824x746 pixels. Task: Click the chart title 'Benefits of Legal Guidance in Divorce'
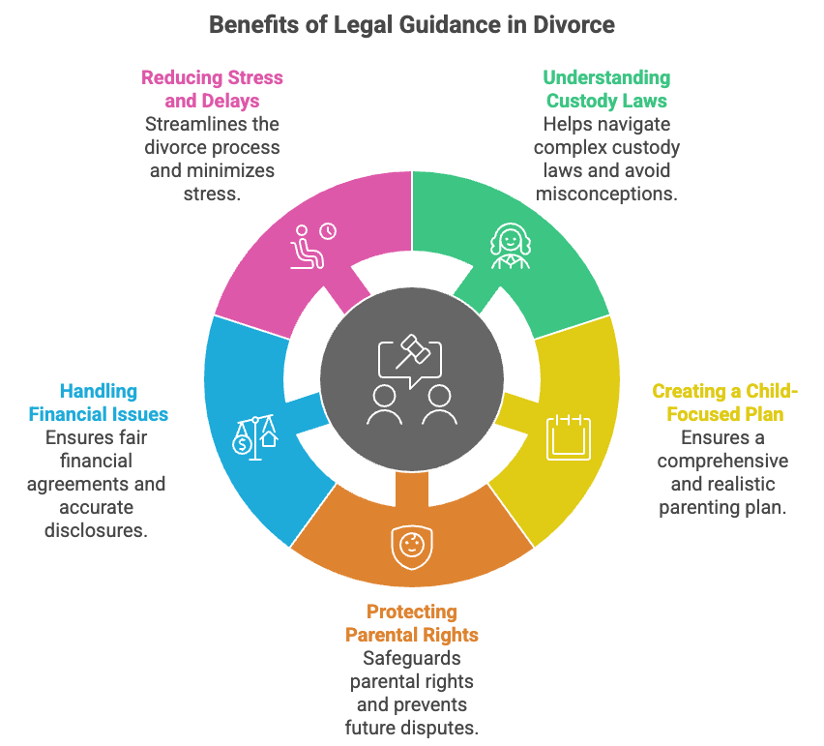click(x=411, y=24)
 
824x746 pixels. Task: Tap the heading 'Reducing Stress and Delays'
click(x=213, y=88)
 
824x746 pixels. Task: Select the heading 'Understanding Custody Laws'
click(x=606, y=88)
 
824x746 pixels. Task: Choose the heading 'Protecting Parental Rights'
click(x=412, y=623)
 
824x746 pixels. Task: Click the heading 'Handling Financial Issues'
click(x=99, y=403)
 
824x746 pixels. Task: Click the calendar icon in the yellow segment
click(x=568, y=436)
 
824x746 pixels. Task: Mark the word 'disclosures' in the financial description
click(x=97, y=530)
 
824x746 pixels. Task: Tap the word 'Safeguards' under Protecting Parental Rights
click(x=412, y=658)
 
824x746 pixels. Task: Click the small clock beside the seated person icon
click(x=328, y=231)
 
